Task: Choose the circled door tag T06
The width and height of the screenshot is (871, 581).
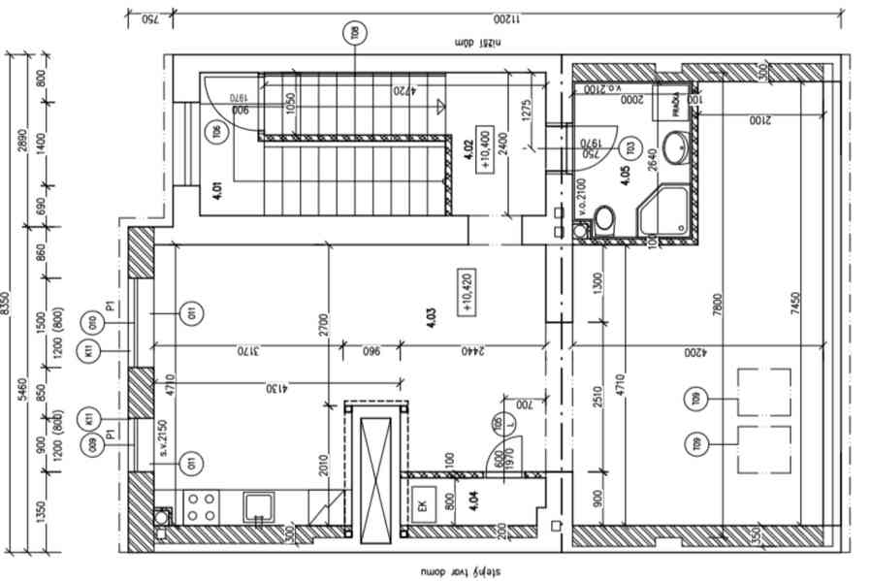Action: point(217,134)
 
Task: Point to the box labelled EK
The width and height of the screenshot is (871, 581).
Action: point(423,504)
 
